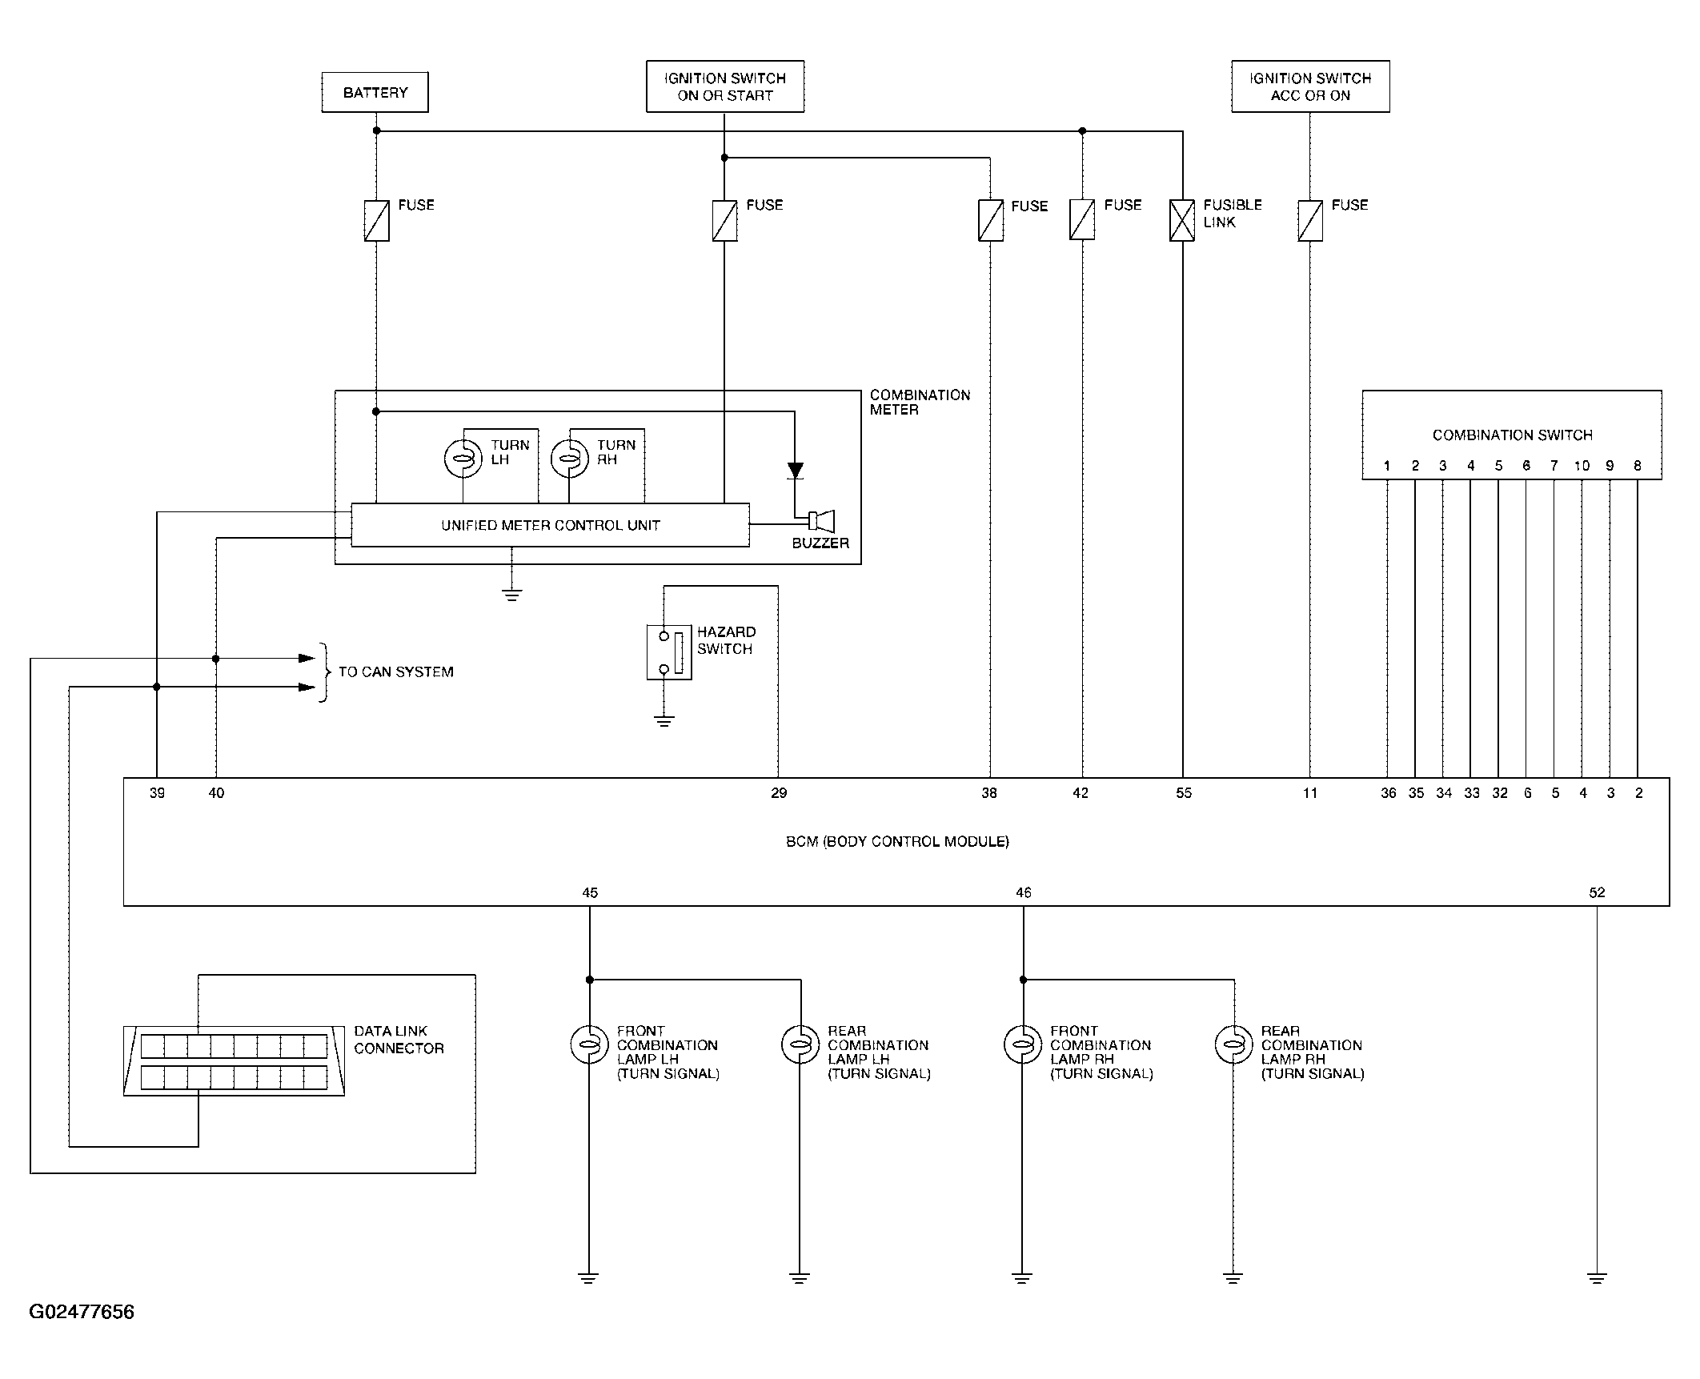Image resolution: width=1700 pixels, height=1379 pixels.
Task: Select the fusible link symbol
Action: [1182, 220]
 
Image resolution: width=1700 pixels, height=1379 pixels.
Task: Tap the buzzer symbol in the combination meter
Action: [822, 522]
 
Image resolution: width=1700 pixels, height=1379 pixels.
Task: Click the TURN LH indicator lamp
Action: [463, 459]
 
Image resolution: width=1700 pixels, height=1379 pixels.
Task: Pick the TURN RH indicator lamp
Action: [569, 459]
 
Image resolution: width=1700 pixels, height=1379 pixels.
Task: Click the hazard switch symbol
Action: [669, 652]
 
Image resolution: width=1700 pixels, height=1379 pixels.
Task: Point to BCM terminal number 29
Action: [779, 793]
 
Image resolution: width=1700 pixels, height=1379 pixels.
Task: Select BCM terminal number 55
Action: [1184, 793]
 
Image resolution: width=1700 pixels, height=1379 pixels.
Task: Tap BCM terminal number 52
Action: [1597, 892]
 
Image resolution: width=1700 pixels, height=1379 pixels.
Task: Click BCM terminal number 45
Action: [590, 892]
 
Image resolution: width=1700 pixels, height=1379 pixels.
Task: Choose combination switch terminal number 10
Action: [1582, 466]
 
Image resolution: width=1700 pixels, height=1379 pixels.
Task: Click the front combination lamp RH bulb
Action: [1023, 1044]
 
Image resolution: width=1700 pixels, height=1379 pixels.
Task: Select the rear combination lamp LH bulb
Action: [800, 1044]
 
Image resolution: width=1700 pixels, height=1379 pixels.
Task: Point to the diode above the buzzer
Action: [795, 471]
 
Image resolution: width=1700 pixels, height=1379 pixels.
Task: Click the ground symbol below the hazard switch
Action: [664, 720]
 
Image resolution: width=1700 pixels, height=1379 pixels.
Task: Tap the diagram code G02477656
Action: [82, 1312]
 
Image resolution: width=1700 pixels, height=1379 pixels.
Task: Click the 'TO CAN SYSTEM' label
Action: [396, 672]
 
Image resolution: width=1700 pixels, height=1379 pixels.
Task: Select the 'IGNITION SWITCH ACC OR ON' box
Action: [1310, 86]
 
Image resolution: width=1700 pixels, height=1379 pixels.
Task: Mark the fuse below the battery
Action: [376, 220]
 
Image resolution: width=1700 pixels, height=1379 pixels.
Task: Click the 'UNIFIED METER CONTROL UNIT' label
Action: [551, 526]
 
